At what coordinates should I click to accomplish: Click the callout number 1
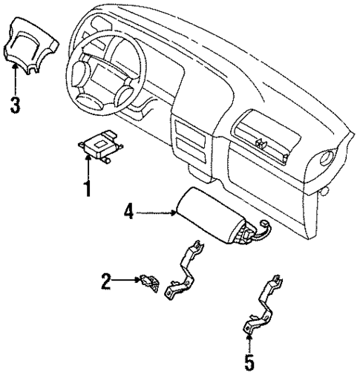[x=87, y=189]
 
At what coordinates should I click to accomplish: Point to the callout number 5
[x=249, y=362]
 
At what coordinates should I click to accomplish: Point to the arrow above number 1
[x=87, y=165]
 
